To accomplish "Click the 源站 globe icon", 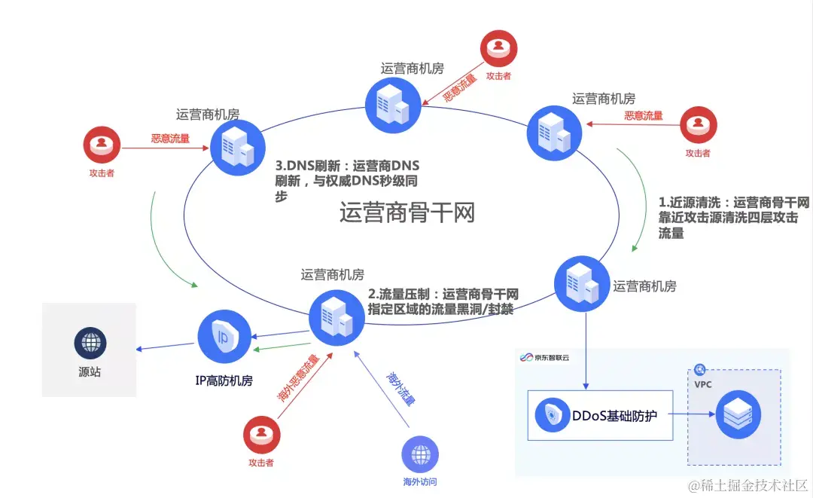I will [90, 344].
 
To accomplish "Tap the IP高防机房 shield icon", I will [224, 336].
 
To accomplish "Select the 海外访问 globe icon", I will [419, 454].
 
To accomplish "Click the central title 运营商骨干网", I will [406, 213].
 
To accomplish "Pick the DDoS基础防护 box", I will [600, 414].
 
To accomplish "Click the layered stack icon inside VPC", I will [738, 414].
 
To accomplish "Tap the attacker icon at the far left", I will [101, 147].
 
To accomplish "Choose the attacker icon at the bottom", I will [262, 435].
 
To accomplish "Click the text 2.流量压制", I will [398, 295].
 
